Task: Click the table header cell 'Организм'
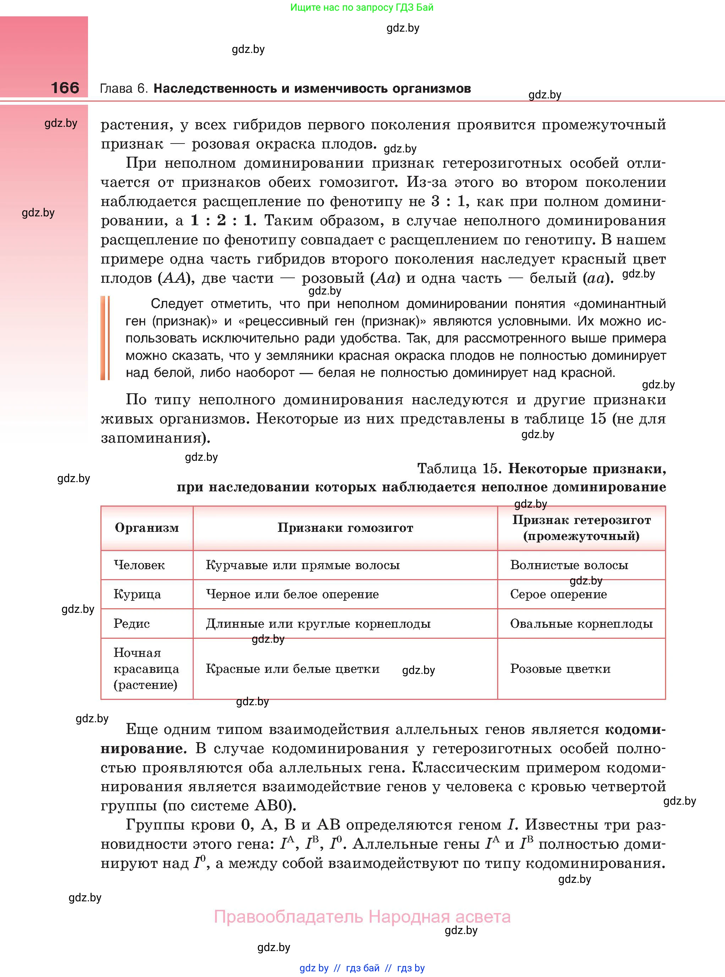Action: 147,528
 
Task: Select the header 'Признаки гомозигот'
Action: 345,528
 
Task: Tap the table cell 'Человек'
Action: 139,565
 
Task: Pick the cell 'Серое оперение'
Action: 558,594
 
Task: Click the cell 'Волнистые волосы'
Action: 569,565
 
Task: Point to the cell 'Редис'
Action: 132,624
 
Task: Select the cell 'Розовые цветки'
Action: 560,669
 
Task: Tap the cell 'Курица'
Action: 137,594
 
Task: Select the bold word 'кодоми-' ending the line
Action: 635,730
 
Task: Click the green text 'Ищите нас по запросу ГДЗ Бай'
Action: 362,7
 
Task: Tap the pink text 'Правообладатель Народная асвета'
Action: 362,917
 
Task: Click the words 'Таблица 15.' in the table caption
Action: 459,469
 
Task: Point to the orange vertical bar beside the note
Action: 105,338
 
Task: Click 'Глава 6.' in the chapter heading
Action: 124,89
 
